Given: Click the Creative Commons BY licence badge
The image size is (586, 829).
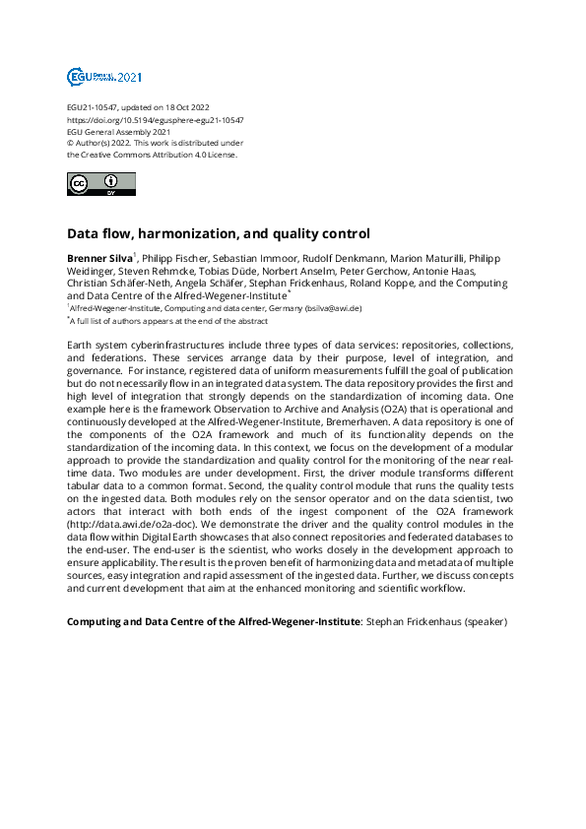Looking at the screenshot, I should (101, 184).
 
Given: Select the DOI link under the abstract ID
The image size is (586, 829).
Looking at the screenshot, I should (156, 119).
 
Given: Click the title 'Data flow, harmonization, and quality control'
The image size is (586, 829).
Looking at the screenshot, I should (218, 234).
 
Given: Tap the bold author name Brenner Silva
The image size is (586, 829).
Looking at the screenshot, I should (97, 258).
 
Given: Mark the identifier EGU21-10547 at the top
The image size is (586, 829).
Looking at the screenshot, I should (93, 106).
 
